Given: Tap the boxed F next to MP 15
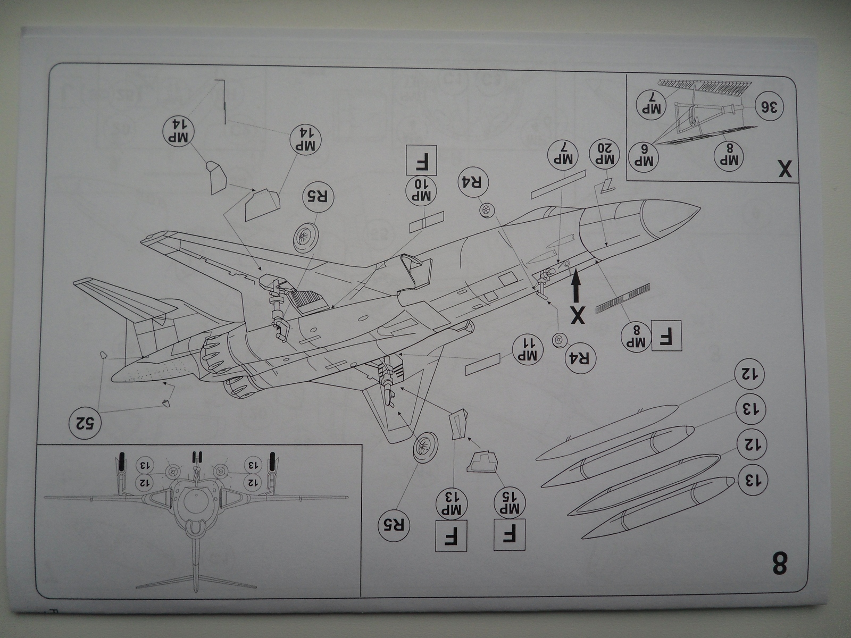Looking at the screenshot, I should pyautogui.click(x=510, y=535).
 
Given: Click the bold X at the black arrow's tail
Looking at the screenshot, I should pyautogui.click(x=577, y=315).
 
